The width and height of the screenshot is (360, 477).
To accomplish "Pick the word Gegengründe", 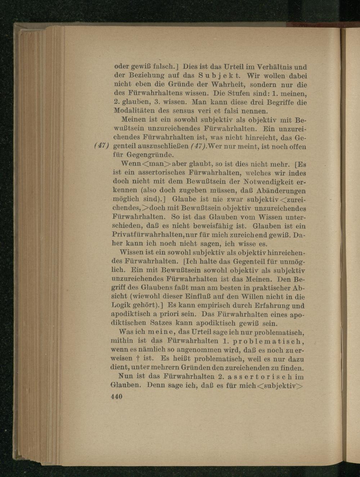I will [150, 155].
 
